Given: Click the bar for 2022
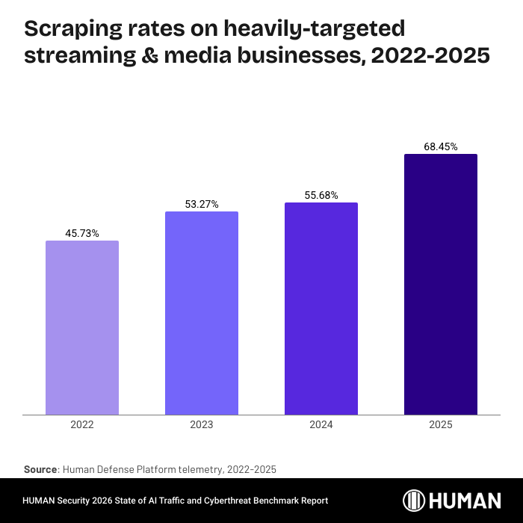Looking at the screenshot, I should (82, 327).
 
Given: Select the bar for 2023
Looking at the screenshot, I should (202, 313).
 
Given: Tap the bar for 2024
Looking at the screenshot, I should (321, 309).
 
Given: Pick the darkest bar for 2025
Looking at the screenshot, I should (441, 284).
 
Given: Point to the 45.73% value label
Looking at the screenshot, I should (82, 234).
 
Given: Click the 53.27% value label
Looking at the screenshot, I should (202, 205).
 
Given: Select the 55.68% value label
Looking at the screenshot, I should (321, 196).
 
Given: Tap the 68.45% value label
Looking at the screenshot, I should (441, 147).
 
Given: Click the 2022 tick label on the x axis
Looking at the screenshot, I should (82, 424).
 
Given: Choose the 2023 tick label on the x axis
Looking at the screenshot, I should (202, 424).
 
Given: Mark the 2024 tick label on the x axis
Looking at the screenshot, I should (321, 424).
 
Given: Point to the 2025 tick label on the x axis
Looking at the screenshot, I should (441, 424).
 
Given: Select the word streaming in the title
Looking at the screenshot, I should (75, 56).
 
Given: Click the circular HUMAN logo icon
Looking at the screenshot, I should (415, 501).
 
